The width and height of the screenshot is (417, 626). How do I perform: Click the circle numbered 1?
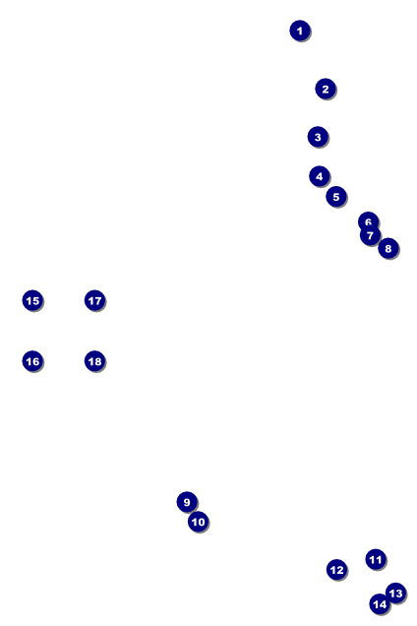pyautogui.click(x=300, y=31)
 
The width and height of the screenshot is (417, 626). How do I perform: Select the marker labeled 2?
pyautogui.click(x=326, y=89)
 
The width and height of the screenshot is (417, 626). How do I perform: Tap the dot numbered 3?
pyautogui.click(x=318, y=137)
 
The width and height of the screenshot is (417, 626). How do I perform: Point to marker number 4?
pyautogui.click(x=320, y=176)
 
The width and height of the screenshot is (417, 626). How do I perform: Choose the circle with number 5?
pyautogui.click(x=336, y=197)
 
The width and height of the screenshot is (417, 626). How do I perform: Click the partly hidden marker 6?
pyautogui.click(x=368, y=219)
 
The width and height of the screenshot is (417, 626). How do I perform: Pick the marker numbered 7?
pyautogui.click(x=370, y=235)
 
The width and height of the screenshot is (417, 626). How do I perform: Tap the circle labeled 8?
pyautogui.click(x=388, y=248)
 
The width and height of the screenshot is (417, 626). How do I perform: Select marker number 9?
pyautogui.click(x=187, y=502)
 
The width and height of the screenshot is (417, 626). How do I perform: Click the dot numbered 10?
pyautogui.click(x=199, y=522)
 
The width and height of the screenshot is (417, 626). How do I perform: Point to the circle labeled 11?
pyautogui.click(x=376, y=559)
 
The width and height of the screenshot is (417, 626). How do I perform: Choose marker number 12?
pyautogui.click(x=336, y=570)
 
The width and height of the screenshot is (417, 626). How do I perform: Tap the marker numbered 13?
pyautogui.click(x=395, y=593)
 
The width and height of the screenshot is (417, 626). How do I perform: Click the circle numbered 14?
pyautogui.click(x=380, y=604)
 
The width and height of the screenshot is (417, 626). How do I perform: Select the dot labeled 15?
pyautogui.click(x=32, y=300)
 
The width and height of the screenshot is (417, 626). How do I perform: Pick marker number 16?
pyautogui.click(x=32, y=361)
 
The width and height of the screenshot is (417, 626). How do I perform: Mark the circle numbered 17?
pyautogui.click(x=95, y=300)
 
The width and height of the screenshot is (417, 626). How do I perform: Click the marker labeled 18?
pyautogui.click(x=95, y=361)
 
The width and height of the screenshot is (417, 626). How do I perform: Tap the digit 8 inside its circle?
pyautogui.click(x=388, y=249)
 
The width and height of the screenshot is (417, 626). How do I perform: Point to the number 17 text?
pyautogui.click(x=95, y=300)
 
